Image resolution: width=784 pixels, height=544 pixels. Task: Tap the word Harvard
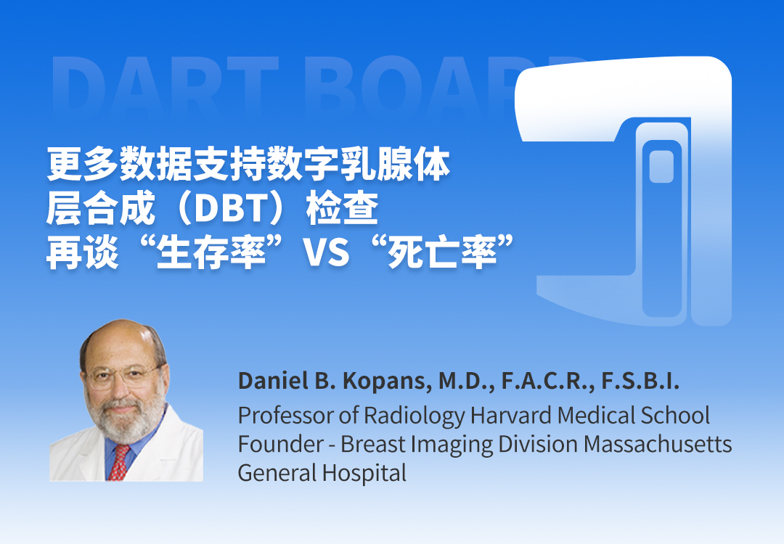512,415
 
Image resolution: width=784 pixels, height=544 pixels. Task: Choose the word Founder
280,444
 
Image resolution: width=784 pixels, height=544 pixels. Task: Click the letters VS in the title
327,252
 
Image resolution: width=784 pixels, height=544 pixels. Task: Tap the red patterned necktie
118,462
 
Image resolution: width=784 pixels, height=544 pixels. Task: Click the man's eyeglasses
123,376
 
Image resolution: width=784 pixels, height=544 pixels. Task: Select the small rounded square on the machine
661,166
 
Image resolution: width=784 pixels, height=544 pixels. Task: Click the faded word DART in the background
165,86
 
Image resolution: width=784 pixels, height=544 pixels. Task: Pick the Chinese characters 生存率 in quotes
211,252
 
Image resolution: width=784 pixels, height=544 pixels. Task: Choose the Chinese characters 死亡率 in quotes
442,252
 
